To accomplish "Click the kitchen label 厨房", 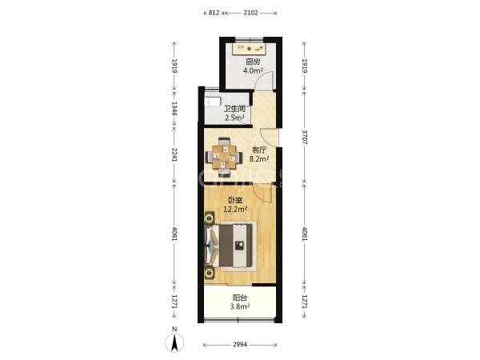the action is [253, 62].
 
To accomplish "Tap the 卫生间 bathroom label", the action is [234, 109].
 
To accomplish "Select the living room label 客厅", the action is [259, 150].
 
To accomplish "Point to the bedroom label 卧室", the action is [236, 201].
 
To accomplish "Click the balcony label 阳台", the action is [240, 298].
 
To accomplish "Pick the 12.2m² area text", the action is [235, 210].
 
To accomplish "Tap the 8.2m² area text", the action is [259, 159].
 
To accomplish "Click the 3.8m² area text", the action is [240, 306].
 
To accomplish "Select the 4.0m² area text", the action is [253, 70].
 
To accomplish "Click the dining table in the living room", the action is [225, 158].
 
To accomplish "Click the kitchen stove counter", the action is [249, 49].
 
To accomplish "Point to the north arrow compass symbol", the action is [174, 341].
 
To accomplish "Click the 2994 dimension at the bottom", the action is [240, 345].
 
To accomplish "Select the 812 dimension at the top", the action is [214, 13].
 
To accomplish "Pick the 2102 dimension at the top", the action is [250, 13].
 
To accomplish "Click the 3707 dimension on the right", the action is [305, 137].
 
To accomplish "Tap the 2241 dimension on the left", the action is [174, 155].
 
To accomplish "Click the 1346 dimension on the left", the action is [174, 109].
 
